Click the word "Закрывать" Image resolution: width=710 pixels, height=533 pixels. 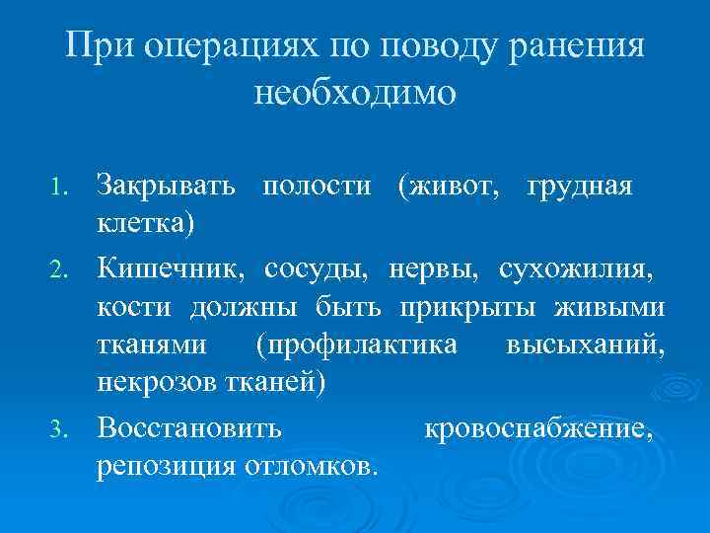(166, 185)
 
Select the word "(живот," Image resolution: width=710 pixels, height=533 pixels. (449, 185)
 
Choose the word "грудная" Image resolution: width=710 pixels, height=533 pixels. (580, 185)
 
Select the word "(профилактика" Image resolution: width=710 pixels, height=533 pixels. (356, 345)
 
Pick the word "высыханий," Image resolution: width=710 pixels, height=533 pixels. (586, 345)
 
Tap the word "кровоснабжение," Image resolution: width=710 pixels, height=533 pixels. (538, 428)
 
